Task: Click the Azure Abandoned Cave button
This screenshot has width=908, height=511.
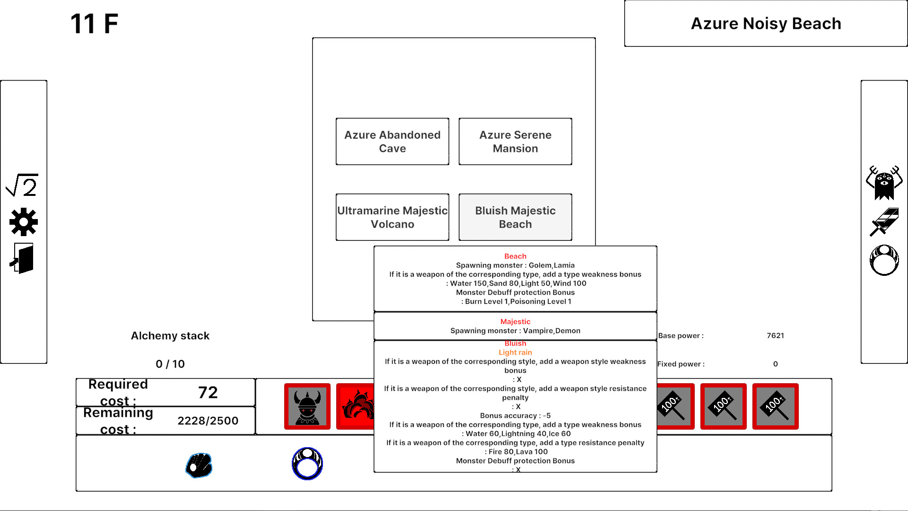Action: [x=392, y=141]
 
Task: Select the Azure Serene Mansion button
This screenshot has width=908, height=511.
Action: [x=515, y=141]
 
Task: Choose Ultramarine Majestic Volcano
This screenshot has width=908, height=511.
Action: [x=392, y=217]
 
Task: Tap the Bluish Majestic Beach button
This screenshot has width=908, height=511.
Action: [x=515, y=217]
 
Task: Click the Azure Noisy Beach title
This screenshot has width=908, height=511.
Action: [x=766, y=23]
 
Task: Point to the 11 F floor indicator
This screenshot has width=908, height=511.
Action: [x=94, y=24]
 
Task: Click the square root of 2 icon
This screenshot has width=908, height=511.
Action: [x=22, y=185]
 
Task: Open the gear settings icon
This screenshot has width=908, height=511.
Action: [x=23, y=222]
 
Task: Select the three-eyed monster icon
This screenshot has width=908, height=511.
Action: [x=884, y=183]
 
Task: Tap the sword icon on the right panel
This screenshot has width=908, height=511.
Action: [x=884, y=221]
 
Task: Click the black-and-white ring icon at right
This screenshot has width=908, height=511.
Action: [x=884, y=260]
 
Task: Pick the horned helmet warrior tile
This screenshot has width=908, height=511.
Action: [x=307, y=406]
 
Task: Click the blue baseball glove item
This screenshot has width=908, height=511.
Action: [x=199, y=465]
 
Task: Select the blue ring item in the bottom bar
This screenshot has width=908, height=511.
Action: [x=307, y=464]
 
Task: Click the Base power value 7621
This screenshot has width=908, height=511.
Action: [x=775, y=335]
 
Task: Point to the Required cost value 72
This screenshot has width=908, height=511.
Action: [x=208, y=392]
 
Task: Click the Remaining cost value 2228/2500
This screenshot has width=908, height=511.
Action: [x=208, y=421]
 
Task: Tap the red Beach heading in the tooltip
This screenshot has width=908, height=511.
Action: [x=515, y=256]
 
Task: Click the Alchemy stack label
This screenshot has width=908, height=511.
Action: [x=170, y=335]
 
